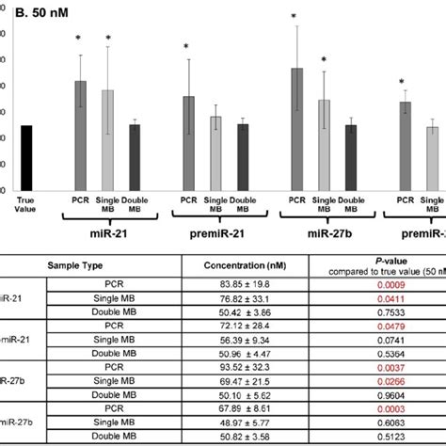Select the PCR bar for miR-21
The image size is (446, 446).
pos(81,135)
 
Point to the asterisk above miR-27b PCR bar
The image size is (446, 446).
pos(294,17)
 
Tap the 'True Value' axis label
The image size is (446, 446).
pos(25,204)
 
